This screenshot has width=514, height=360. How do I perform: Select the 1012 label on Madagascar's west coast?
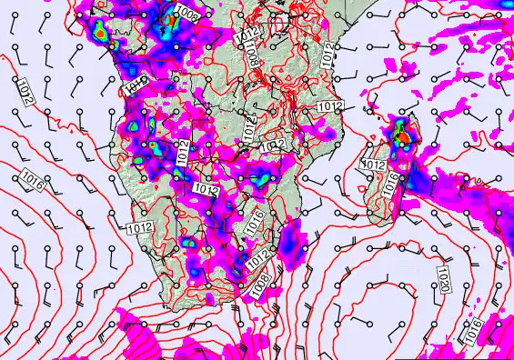coord(372,165)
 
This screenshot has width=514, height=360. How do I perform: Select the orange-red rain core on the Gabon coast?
coord(98,29)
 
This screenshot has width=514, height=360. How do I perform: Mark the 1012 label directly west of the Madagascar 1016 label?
coord(372,165)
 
